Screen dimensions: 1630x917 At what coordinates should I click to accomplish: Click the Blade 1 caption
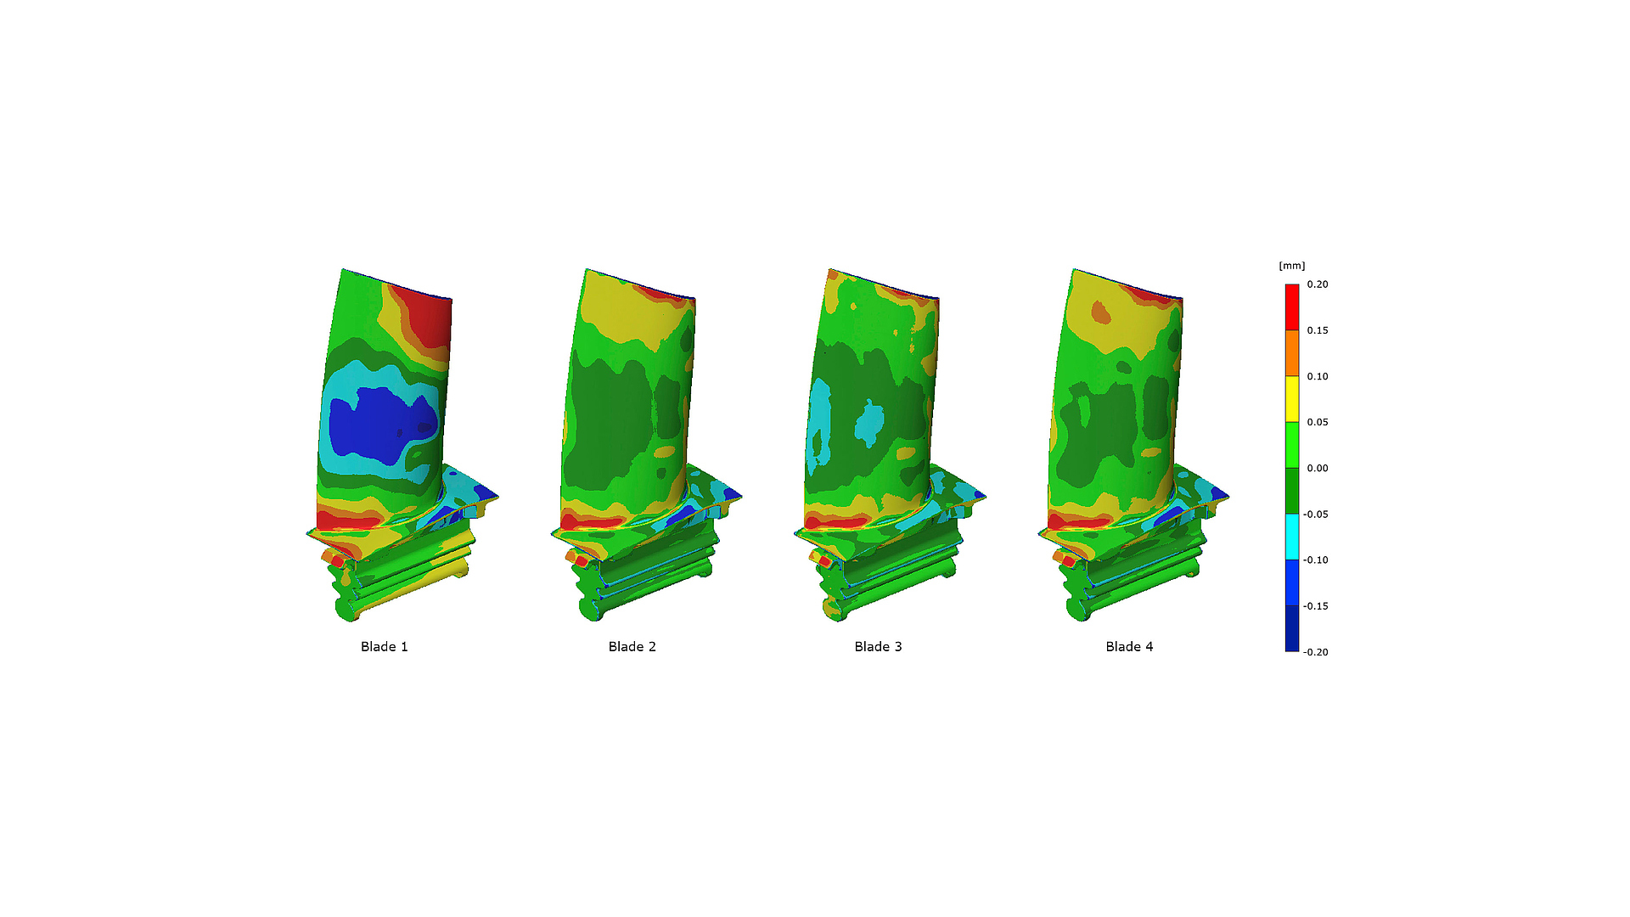click(x=384, y=647)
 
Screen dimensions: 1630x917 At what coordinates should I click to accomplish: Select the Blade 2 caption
click(x=632, y=647)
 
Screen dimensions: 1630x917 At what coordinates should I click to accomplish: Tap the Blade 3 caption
click(x=878, y=647)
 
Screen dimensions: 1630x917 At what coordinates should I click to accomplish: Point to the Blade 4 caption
click(x=1129, y=647)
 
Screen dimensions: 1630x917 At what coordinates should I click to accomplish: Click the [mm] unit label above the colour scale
click(x=1291, y=266)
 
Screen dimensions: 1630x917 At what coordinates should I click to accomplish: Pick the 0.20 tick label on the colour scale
click(x=1318, y=284)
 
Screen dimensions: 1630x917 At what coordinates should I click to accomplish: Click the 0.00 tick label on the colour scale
click(x=1318, y=468)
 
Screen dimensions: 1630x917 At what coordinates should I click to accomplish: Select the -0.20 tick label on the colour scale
click(x=1316, y=652)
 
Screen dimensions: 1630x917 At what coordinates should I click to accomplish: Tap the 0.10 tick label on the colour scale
click(x=1318, y=376)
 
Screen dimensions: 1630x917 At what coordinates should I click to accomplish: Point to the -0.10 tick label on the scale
click(x=1316, y=560)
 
